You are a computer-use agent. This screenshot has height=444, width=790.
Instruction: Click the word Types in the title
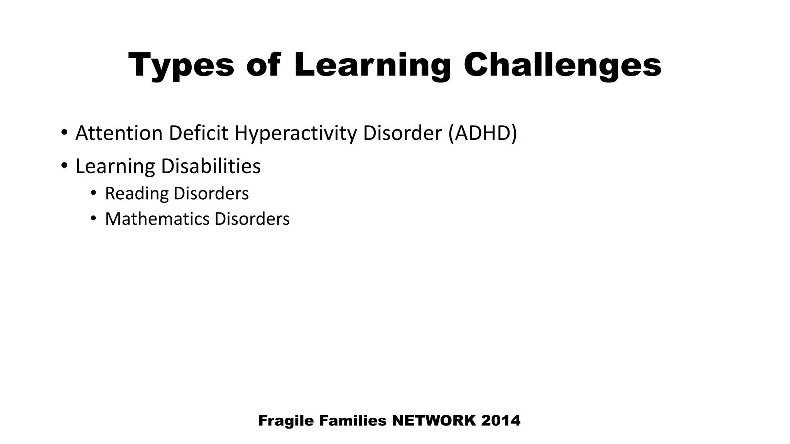coord(181,66)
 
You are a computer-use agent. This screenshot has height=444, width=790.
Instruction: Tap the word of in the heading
coord(263,66)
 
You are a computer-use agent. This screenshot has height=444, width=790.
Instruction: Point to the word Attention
coord(119,133)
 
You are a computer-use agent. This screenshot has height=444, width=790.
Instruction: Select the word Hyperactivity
coord(295,133)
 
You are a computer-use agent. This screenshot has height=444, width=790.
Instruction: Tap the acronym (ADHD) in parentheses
coord(482,133)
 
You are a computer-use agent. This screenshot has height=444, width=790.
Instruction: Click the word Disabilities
coord(211,166)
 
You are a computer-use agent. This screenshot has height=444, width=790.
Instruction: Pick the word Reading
coord(137,193)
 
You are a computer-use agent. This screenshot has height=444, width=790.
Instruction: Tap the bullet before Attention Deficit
coord(64,133)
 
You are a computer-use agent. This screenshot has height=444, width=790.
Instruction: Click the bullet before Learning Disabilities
coord(64,166)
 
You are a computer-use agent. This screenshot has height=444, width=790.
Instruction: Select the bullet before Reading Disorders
coord(93,193)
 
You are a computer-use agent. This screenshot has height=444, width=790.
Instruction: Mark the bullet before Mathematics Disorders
coord(93,218)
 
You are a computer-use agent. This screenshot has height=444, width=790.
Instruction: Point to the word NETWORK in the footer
coord(434,420)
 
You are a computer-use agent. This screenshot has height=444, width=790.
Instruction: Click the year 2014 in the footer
coord(501,420)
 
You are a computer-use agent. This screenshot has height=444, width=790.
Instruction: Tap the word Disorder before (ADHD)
coord(402,133)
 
